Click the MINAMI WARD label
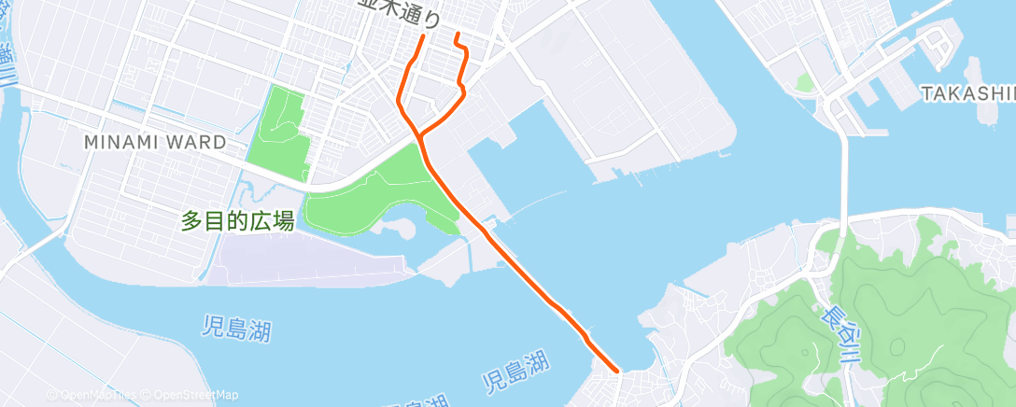155,143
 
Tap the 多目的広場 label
238,221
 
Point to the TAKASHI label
967,93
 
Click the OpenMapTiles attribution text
93,396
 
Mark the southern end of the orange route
617,372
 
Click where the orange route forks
421,136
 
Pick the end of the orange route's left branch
424,37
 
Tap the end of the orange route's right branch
457,35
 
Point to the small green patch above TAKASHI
804,83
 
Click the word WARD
196,143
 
